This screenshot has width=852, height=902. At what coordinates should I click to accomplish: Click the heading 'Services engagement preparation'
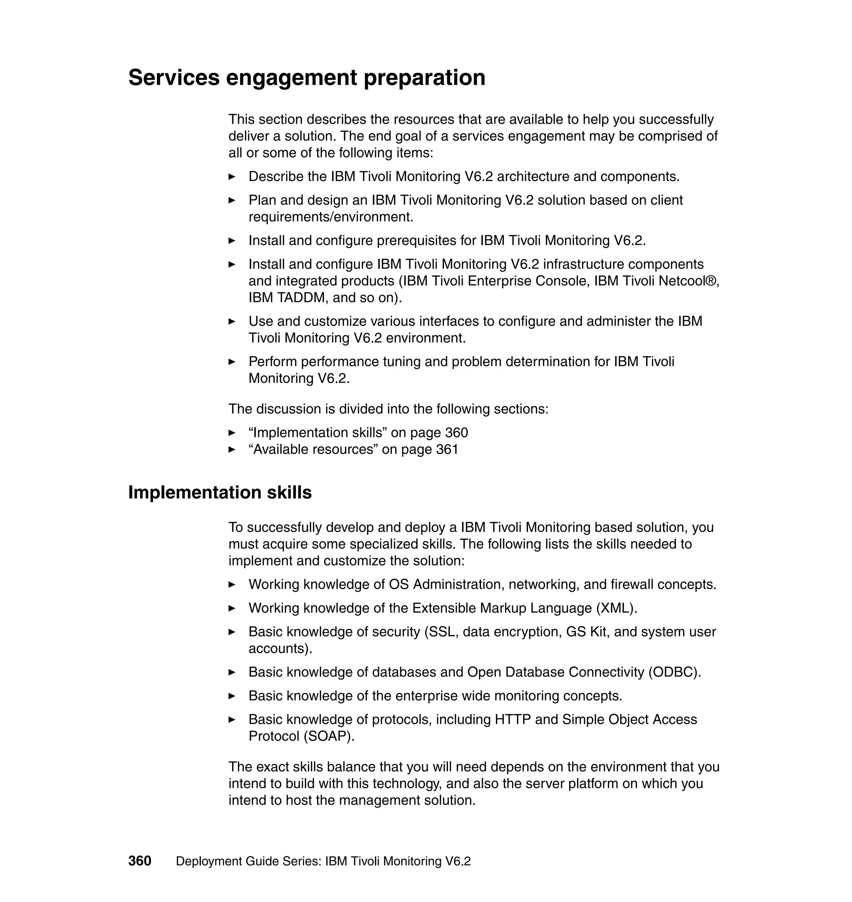click(x=307, y=77)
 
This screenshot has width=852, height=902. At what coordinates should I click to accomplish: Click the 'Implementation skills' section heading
click(x=220, y=492)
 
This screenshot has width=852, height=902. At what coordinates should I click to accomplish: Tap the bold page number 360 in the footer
click(x=139, y=861)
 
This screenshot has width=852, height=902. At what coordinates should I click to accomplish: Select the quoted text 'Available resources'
click(x=313, y=449)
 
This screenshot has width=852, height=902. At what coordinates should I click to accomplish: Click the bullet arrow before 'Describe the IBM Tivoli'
click(x=232, y=177)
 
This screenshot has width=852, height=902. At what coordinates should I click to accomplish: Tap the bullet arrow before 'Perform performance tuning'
click(x=232, y=362)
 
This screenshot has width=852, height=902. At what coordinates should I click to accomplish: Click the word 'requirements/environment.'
click(x=331, y=217)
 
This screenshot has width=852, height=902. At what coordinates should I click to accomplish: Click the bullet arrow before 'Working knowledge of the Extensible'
click(x=232, y=608)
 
